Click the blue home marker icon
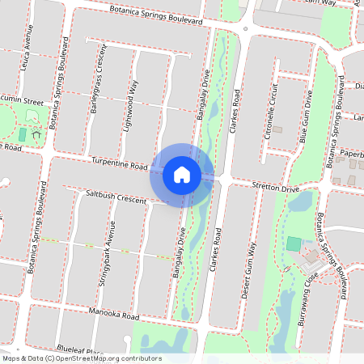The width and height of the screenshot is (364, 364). pos(182,174)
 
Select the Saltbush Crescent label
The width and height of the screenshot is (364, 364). pos(115,197)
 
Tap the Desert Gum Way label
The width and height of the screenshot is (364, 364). pos(250,272)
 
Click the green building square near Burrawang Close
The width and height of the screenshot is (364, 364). pos(293,243)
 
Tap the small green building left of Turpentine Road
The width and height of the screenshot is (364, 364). pos(22,134)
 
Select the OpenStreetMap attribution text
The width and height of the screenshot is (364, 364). pos(82,358)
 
